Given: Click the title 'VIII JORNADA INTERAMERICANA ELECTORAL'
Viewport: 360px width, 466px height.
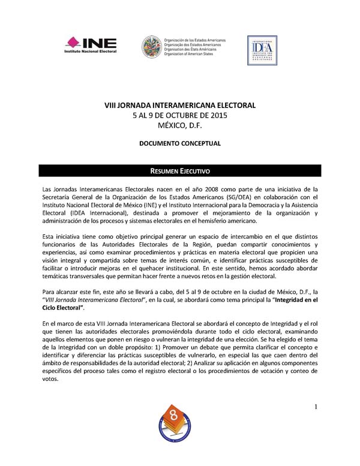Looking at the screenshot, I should point(180,106).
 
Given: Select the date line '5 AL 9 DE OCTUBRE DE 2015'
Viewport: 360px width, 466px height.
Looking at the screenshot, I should point(180,116).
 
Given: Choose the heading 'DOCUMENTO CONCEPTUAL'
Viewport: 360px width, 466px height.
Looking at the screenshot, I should point(180,144).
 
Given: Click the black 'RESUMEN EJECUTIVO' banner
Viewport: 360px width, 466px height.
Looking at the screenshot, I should point(180,171).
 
